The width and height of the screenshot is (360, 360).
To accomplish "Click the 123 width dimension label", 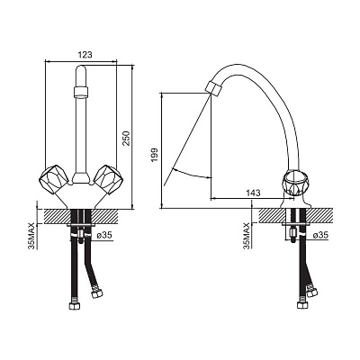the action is (x=85, y=55).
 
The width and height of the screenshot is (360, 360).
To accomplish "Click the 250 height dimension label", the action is (x=127, y=139).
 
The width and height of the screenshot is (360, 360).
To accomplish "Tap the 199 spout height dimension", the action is (x=155, y=155).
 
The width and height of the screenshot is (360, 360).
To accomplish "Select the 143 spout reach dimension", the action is (x=254, y=193).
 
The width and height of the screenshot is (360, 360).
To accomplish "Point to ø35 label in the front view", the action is (x=104, y=236).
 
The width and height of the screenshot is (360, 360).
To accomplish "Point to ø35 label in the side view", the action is (x=320, y=235).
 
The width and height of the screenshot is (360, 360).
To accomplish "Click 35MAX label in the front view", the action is (x=31, y=236).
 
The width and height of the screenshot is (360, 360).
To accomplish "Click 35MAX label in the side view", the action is (x=247, y=236).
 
